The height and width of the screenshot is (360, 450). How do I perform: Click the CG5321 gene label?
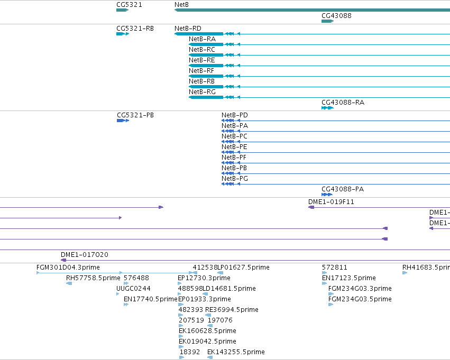tap(129, 5)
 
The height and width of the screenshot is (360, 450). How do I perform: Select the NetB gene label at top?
tap(181, 5)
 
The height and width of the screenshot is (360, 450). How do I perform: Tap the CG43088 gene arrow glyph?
tap(327, 21)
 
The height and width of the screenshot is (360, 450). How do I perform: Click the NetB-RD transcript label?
tap(188, 29)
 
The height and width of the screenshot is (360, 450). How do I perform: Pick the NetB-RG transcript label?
tap(202, 92)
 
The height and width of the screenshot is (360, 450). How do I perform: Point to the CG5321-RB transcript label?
tap(135, 29)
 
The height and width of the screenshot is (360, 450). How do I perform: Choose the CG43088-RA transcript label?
tap(343, 103)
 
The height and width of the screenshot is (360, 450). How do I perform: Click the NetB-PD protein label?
tap(234, 115)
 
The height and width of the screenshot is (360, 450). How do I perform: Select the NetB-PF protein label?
tap(234, 157)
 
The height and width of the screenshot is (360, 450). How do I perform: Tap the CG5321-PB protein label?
tap(135, 115)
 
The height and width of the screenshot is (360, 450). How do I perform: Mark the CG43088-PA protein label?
tap(343, 189)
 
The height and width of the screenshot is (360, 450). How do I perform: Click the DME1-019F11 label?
tap(331, 201)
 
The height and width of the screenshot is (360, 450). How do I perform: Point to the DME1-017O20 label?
tap(85, 254)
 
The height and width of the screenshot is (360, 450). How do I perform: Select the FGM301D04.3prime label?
tap(68, 267)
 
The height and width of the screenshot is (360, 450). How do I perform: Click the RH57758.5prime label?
tap(93, 278)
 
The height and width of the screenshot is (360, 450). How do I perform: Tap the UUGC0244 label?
tap(133, 288)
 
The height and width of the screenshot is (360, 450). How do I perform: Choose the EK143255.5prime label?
tap(236, 352)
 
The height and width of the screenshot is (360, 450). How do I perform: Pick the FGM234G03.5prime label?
tap(360, 299)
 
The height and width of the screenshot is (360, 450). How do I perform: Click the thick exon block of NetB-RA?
tap(206, 44)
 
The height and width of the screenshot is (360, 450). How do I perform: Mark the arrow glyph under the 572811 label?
tap(324, 273)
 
